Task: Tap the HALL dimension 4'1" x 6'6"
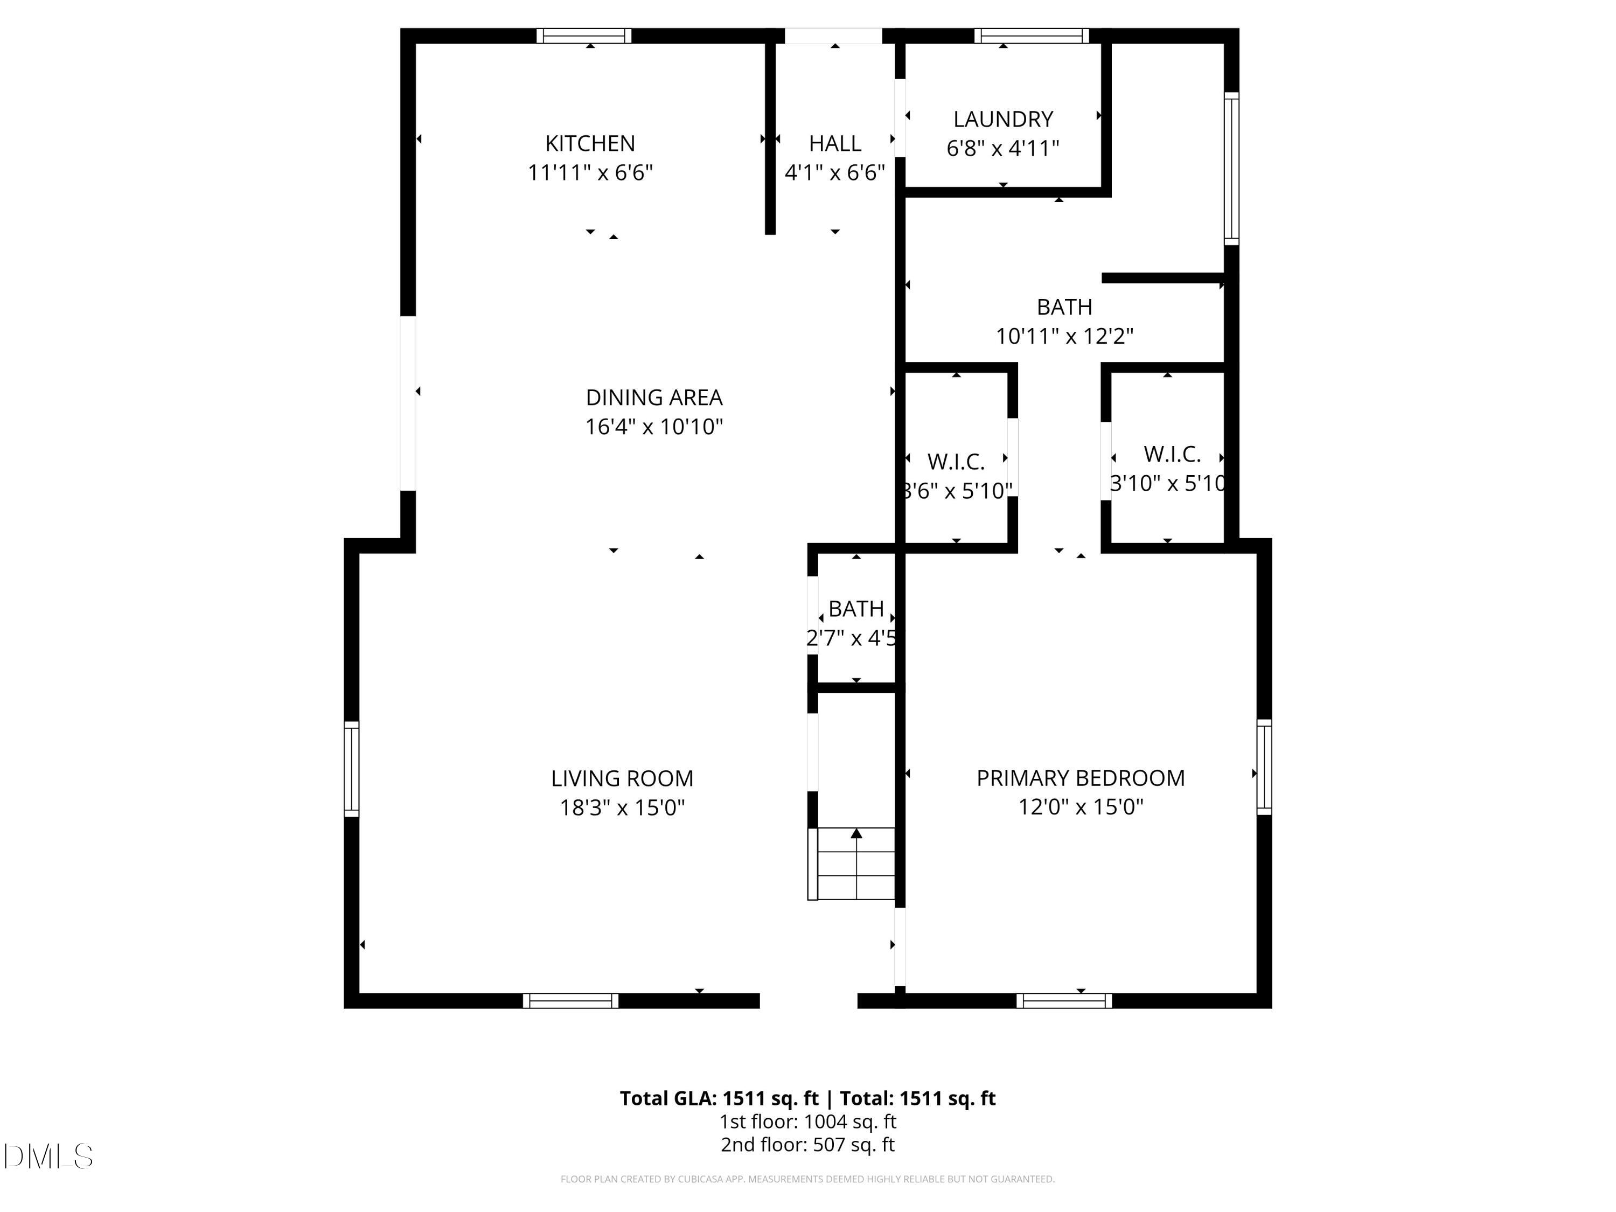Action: coord(834,173)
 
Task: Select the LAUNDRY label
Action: coord(1002,119)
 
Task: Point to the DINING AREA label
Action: coord(654,398)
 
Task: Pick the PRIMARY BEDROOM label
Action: coord(1080,778)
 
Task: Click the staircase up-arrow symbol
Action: coord(856,833)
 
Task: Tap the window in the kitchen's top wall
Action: coord(584,36)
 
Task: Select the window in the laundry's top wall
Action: coord(1032,36)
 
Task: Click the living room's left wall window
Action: coord(351,769)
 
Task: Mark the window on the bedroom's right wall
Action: coord(1264,767)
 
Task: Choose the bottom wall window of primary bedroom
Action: coord(1064,1001)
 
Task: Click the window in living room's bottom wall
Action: coord(570,1001)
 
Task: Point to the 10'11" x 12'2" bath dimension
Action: coord(1064,337)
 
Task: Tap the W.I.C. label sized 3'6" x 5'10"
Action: coord(956,462)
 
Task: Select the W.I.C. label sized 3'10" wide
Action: coord(1172,455)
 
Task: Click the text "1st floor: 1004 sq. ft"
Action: coord(807,1122)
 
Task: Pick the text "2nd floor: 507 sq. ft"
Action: coord(807,1145)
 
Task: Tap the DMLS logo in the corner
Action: coord(48,1157)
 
